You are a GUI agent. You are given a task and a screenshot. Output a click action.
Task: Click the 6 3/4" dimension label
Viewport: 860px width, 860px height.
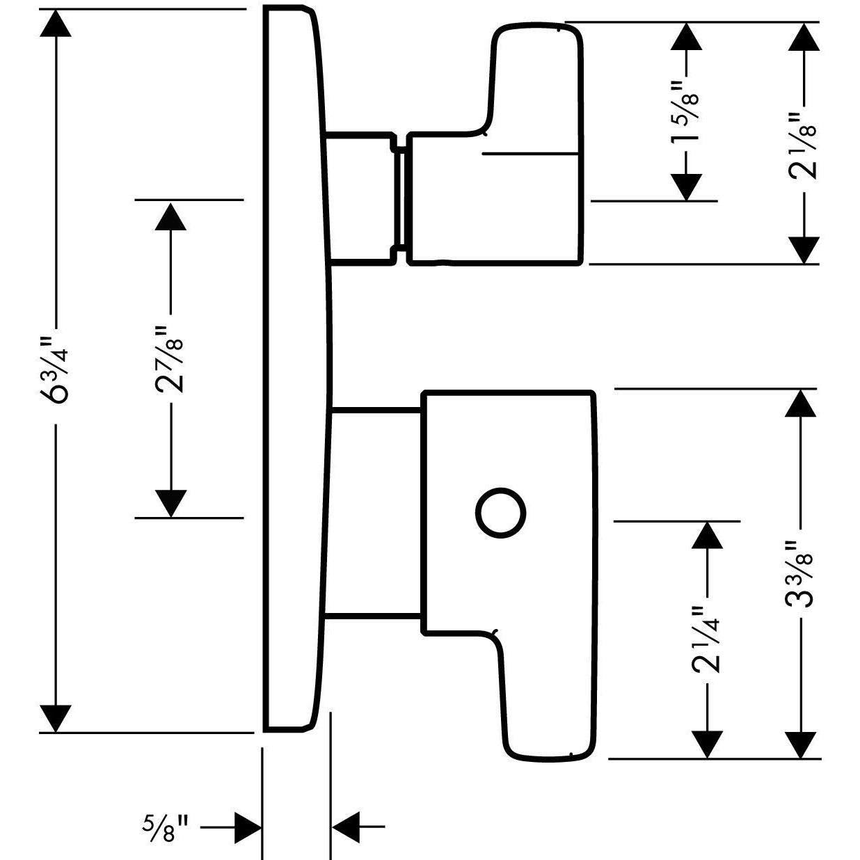(x=56, y=370)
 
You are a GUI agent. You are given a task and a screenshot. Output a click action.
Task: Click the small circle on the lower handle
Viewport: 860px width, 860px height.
(x=500, y=512)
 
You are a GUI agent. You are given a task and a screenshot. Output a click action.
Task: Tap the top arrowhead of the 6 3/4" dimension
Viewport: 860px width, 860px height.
(x=56, y=23)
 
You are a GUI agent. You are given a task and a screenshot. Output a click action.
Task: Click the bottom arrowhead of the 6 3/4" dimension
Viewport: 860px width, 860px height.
(x=56, y=719)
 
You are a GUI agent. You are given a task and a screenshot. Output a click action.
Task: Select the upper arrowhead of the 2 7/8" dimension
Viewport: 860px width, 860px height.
(x=170, y=216)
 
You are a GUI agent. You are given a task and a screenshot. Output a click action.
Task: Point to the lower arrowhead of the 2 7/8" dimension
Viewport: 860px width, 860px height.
(x=170, y=503)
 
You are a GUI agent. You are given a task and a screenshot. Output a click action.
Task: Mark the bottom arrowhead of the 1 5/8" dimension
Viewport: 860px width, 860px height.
(x=686, y=186)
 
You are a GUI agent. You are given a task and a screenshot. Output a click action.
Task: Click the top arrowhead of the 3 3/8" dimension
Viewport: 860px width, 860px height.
(x=800, y=404)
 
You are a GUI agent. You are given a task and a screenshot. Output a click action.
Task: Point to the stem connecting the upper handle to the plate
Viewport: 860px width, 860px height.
(x=363, y=198)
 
